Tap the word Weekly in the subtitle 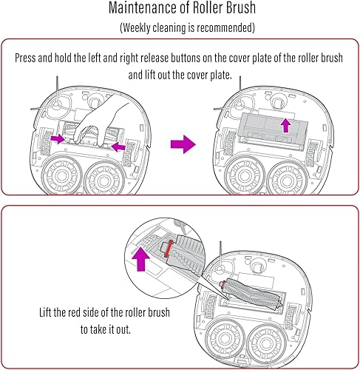(136, 27)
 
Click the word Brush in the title (241, 7)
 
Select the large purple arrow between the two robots (183, 144)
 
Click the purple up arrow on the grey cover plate (286, 125)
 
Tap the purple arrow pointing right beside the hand (58, 139)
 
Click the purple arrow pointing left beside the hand (118, 147)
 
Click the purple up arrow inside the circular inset (140, 259)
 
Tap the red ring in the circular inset (169, 249)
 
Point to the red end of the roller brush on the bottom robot (223, 285)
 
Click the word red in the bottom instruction (75, 312)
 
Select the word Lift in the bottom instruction (45, 312)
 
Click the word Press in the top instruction (26, 58)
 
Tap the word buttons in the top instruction (186, 58)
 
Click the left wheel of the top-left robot (61, 175)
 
